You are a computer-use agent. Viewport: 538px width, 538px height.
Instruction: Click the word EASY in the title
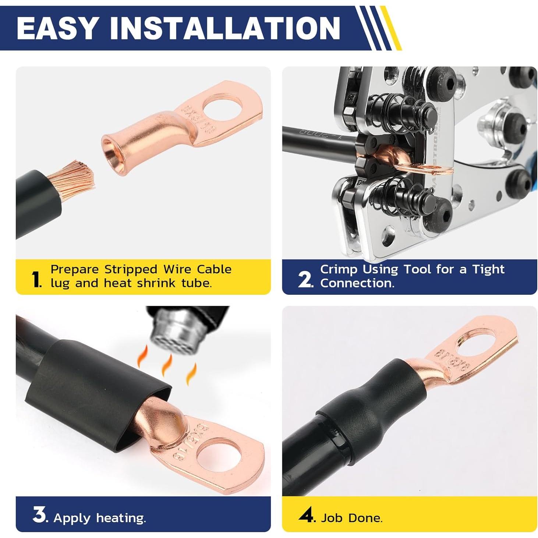57,28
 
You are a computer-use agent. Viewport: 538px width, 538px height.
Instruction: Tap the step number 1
35,279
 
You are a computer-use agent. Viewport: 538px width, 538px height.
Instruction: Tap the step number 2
305,280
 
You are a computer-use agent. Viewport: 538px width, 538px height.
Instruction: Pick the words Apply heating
100,518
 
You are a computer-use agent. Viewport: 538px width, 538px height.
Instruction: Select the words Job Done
351,518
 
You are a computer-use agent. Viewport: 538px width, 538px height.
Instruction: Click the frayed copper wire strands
75,176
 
